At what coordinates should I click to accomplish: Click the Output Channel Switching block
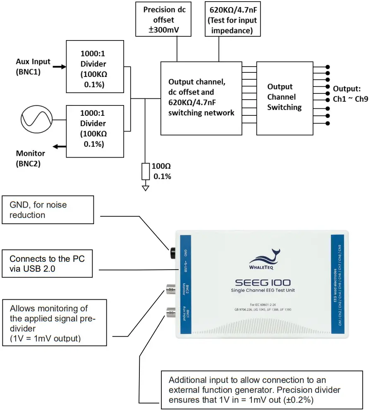tap(284, 98)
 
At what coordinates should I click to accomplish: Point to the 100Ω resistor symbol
tap(145, 171)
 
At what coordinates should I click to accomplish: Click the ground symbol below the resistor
tap(145, 188)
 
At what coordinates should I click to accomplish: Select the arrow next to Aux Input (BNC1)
tap(59, 66)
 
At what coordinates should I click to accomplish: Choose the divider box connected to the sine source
tap(95, 131)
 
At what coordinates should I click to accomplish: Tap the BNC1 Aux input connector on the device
tap(170, 314)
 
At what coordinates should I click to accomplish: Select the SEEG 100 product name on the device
tap(263, 282)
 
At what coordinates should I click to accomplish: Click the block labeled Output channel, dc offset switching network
tap(201, 98)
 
